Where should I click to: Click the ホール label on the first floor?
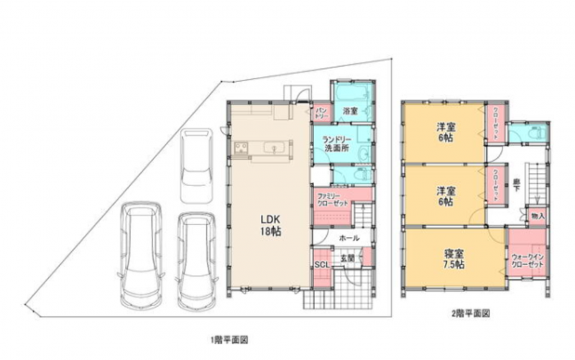348,237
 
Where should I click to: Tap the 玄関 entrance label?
347,258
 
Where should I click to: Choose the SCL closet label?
322,264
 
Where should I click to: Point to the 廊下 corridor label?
517,183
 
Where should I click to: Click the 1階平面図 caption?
229,338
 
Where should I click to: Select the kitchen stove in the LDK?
241,149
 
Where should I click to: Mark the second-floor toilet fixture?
535,134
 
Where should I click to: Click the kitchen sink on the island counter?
274,149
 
